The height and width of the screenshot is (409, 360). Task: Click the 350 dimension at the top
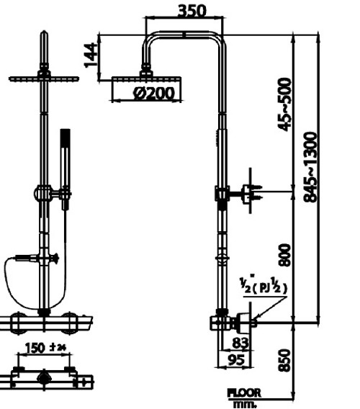point(192,11)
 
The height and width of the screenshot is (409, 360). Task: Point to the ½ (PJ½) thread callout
point(264,286)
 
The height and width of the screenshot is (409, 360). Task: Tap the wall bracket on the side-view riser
point(223,194)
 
